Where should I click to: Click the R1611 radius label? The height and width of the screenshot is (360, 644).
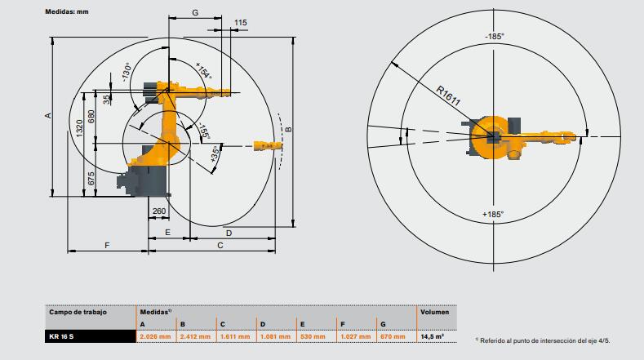tap(448, 96)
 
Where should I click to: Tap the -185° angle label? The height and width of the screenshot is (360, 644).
tap(494, 36)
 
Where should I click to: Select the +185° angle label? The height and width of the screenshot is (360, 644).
tap(493, 214)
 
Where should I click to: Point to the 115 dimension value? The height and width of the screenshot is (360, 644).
tap(241, 23)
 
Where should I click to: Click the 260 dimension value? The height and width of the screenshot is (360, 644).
tap(159, 211)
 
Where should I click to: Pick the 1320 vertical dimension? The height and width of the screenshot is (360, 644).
tap(79, 128)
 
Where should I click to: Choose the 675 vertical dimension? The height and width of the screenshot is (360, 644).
tap(91, 178)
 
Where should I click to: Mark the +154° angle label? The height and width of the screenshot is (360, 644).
tap(204, 71)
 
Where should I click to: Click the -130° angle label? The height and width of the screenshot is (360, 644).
tap(126, 73)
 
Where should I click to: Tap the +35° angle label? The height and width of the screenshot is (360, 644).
tap(215, 154)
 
